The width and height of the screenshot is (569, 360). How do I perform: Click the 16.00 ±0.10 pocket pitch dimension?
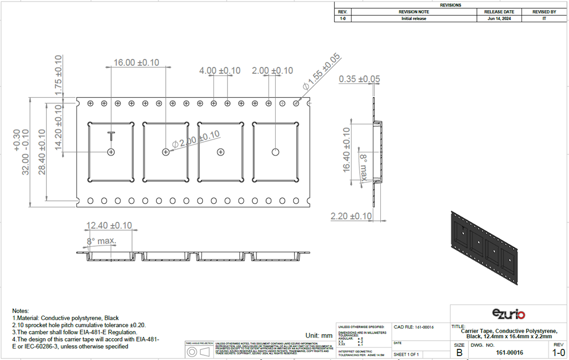point(136,63)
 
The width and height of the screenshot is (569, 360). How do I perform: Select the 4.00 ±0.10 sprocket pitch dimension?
point(220,71)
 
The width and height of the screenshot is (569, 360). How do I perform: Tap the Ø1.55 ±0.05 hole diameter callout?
point(322,72)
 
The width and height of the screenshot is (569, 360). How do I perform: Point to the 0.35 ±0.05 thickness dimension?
point(360,79)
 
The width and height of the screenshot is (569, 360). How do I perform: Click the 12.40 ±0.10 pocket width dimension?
point(109,225)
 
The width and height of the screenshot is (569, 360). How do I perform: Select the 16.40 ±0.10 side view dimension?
point(346,150)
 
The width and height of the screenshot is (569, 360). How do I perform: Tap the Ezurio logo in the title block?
point(508,314)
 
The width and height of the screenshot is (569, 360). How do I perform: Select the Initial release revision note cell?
point(414,19)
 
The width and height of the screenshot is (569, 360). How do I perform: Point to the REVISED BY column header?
point(544,12)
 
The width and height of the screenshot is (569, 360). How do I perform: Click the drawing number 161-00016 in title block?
point(509,352)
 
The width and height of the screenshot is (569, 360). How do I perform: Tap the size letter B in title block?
point(459,352)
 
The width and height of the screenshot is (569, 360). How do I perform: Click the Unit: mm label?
point(319,335)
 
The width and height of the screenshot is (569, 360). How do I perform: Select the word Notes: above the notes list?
point(21,310)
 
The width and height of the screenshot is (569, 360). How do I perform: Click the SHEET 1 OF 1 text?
point(407,354)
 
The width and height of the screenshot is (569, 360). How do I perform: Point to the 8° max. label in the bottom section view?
point(101,241)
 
